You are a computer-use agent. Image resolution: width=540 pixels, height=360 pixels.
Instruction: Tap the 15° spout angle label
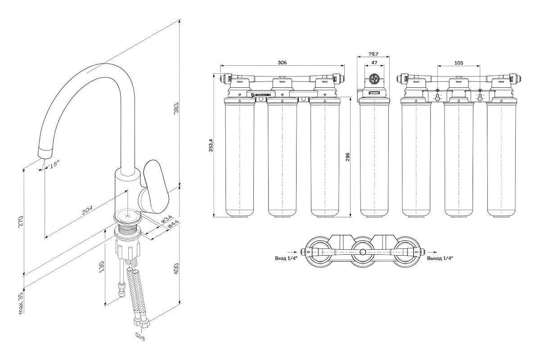click(x=54, y=165)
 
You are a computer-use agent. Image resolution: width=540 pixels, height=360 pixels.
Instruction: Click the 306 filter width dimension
click(x=282, y=63)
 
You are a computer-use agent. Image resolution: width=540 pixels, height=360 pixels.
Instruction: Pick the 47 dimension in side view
click(x=373, y=63)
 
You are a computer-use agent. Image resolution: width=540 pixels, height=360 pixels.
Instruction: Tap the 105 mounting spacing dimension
click(x=459, y=63)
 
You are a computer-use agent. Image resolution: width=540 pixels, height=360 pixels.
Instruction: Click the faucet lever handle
click(x=154, y=187)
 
